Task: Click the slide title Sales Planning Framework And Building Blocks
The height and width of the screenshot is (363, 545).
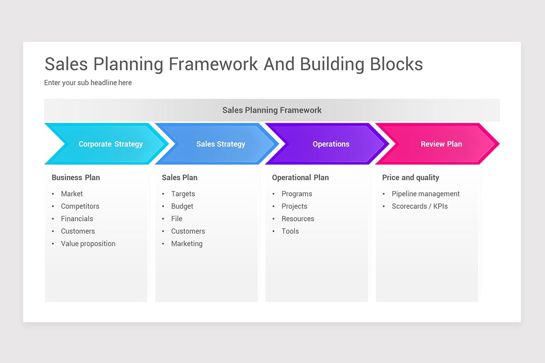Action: (233, 64)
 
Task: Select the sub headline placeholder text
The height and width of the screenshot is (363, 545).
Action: (88, 83)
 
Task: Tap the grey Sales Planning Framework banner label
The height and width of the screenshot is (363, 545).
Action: (272, 110)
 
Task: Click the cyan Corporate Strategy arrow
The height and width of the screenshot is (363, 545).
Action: (110, 144)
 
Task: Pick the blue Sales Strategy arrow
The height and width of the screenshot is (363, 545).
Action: (220, 144)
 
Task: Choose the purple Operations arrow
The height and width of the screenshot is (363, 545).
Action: (331, 144)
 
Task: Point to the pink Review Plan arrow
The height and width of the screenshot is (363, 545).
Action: (441, 144)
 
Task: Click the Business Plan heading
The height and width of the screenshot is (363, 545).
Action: (75, 177)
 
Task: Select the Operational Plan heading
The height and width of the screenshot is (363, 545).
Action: (300, 177)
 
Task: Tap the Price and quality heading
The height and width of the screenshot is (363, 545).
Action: (411, 177)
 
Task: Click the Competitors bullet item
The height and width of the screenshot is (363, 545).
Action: (80, 206)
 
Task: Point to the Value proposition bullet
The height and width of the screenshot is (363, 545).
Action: (88, 244)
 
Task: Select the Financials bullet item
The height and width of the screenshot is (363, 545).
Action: (77, 219)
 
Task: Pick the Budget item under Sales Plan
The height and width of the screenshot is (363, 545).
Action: (182, 206)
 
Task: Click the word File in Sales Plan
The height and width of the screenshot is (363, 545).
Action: (177, 219)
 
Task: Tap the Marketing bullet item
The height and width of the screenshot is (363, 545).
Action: (187, 244)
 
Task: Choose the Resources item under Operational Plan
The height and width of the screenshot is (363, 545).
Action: (297, 219)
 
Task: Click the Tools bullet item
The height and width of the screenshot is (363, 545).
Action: (290, 231)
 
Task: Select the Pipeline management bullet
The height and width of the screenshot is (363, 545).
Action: (426, 194)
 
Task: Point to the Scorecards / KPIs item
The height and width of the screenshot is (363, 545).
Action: (420, 206)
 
